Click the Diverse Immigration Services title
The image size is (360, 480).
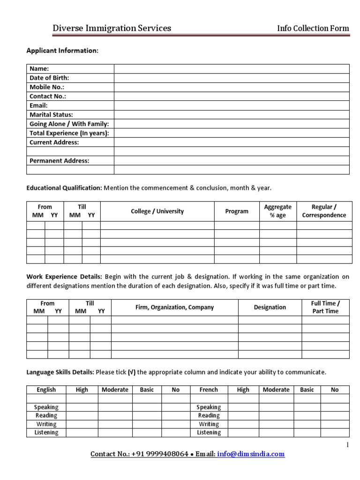112,28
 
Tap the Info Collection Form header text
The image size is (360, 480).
313,28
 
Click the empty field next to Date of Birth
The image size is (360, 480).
232,78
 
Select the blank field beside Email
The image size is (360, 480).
232,105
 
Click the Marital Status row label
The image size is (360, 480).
51,114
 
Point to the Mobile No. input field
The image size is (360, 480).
232,87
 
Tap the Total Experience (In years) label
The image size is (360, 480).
69,133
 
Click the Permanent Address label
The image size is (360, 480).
59,161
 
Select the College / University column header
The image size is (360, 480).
157,211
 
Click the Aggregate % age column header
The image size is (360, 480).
277,211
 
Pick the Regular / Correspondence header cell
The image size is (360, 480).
324,211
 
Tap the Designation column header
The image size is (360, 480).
270,307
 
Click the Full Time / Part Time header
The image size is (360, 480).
325,307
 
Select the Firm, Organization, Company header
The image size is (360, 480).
174,307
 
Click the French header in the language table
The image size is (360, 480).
209,390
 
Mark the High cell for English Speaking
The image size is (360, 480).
82,407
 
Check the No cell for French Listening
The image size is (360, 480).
334,432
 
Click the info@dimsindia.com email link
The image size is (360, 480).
251,454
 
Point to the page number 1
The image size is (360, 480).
347,445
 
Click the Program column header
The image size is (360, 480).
237,211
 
